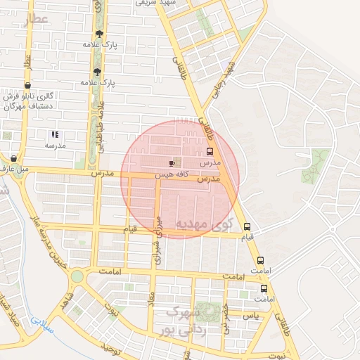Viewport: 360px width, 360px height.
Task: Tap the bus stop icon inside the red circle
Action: coord(210,152)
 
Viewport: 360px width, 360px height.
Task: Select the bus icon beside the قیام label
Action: coord(247,226)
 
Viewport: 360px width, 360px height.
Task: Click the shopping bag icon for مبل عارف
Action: coord(14,159)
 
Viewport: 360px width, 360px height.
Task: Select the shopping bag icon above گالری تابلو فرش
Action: coord(27,85)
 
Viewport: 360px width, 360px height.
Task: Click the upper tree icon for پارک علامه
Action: coord(98,34)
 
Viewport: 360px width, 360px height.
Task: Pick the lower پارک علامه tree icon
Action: coord(96,72)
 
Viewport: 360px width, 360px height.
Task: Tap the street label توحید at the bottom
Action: coord(112,348)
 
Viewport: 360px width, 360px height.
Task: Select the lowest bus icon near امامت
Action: coord(264,288)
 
